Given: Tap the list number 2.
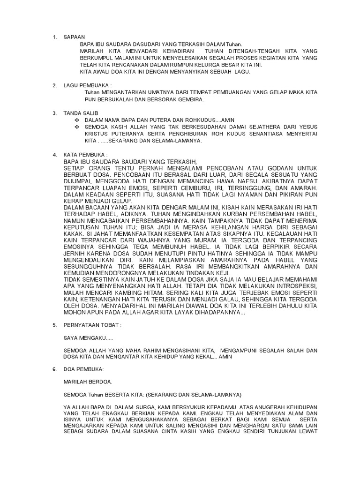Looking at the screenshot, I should click(54, 85).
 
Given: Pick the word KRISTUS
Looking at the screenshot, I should click(97, 134).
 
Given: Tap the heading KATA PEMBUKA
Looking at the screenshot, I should click(85, 154).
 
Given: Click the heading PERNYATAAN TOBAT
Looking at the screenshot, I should click(92, 324).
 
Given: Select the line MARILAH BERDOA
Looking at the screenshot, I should click(88, 382).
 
